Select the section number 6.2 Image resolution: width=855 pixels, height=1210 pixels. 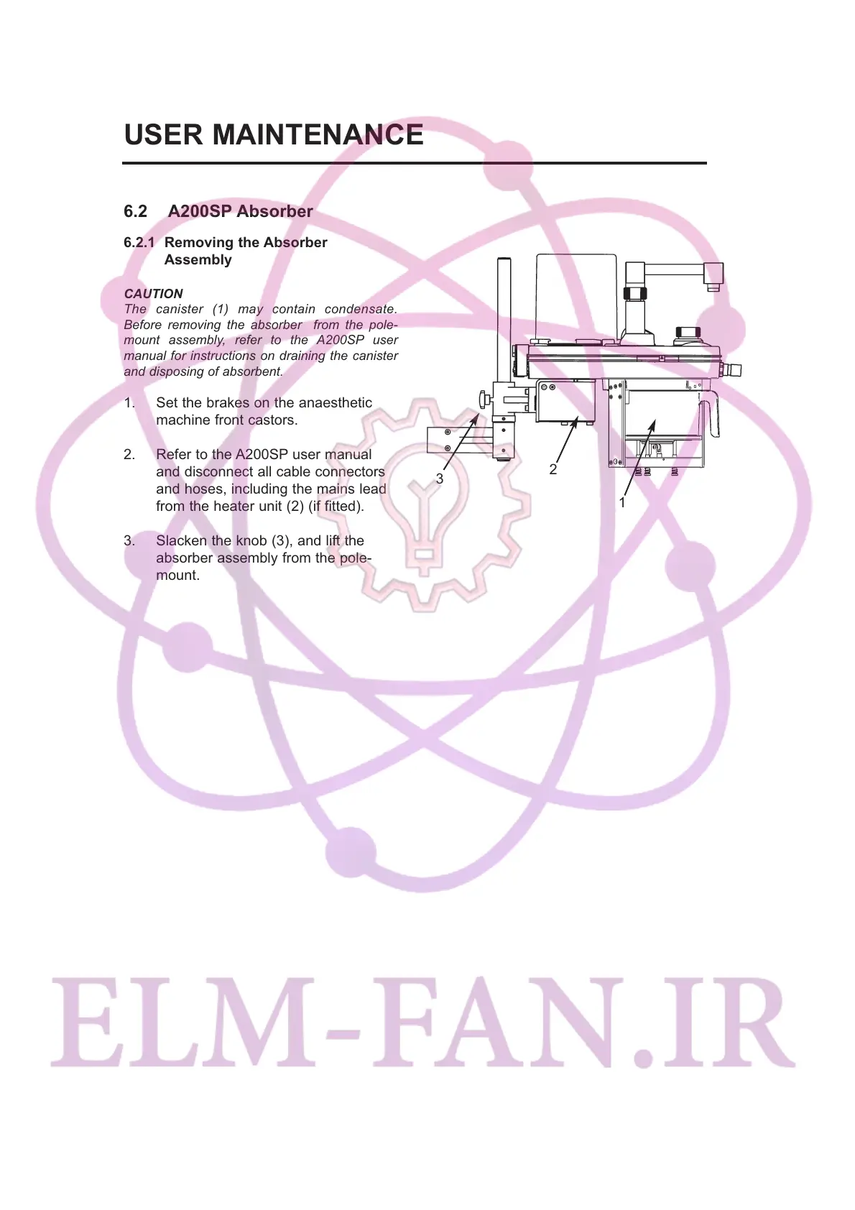click(x=135, y=211)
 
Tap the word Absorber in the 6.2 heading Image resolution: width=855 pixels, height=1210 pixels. click(x=274, y=211)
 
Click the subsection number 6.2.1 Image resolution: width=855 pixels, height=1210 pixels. click(x=139, y=243)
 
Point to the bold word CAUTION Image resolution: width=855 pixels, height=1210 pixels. click(x=153, y=293)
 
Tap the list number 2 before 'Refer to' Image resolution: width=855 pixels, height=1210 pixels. click(x=129, y=455)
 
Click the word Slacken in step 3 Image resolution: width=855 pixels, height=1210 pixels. click(x=181, y=541)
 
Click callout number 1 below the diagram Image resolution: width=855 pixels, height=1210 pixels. click(x=622, y=503)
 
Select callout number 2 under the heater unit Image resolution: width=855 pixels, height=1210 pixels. click(x=553, y=469)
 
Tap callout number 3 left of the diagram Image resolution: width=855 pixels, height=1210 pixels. click(x=440, y=479)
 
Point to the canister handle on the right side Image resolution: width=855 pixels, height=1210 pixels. click(x=715, y=416)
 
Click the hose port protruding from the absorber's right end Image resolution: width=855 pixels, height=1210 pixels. click(x=733, y=370)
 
